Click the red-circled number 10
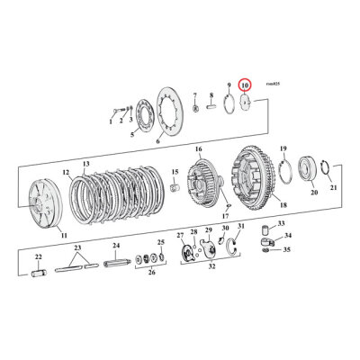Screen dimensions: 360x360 point(245,85)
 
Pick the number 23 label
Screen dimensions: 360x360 point(77,247)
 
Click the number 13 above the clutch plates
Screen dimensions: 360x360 point(86,164)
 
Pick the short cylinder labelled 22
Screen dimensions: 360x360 point(40,268)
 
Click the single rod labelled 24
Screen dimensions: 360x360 point(116,265)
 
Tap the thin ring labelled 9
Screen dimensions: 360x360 point(231,104)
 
